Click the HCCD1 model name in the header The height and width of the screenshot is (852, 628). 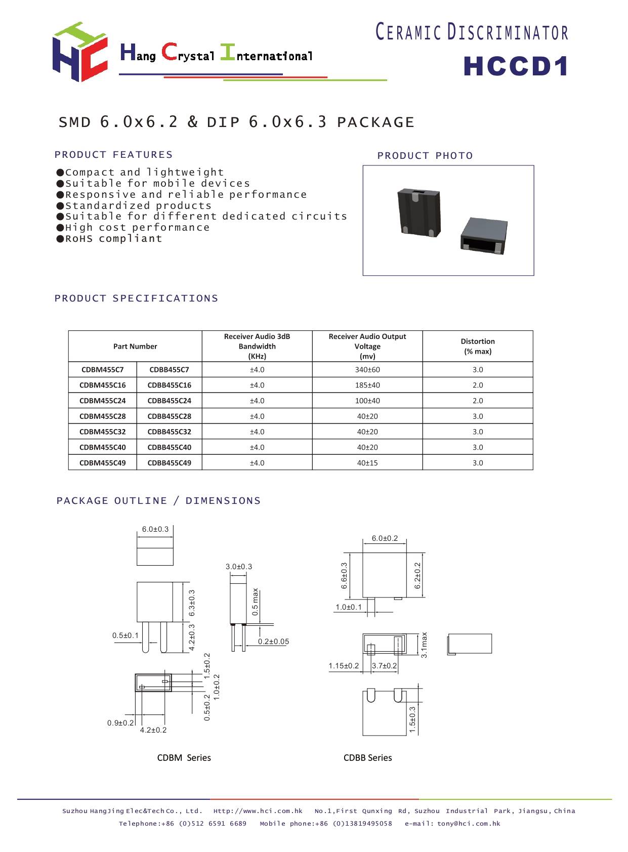coord(516,67)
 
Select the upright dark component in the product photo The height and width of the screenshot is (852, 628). coord(419,211)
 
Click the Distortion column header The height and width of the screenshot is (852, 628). coord(477,346)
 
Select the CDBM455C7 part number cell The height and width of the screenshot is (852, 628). coord(102,370)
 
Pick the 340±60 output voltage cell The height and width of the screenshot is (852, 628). coord(367,370)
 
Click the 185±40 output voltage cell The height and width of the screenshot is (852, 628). coord(367,385)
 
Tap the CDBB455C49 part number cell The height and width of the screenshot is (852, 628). coord(169,463)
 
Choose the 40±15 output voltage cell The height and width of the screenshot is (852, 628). coord(367,463)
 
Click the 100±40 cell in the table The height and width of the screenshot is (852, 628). coord(367,401)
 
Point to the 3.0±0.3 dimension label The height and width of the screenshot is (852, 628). coord(238,567)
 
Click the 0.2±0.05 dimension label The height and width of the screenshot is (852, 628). coord(273,642)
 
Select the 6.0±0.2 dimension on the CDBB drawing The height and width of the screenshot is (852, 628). coord(385,538)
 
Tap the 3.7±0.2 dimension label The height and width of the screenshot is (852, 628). coord(385,666)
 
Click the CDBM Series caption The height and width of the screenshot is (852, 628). coord(184,758)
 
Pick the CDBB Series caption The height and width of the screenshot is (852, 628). coord(367,758)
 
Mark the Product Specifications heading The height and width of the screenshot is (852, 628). coord(136,299)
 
